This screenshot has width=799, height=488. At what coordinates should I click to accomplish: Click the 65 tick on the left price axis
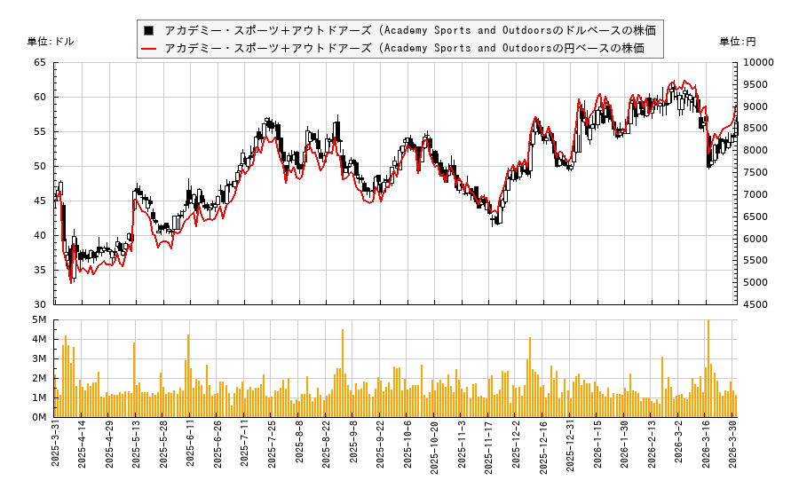click(x=40, y=63)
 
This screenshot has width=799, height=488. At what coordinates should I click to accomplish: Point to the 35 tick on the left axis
click(x=40, y=271)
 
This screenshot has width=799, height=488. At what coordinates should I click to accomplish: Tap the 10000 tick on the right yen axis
click(x=758, y=63)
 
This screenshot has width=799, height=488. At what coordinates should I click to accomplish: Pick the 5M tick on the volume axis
click(x=39, y=319)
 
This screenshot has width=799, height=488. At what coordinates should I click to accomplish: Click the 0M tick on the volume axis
click(x=39, y=417)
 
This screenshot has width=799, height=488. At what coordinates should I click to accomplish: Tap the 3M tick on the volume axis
click(x=39, y=358)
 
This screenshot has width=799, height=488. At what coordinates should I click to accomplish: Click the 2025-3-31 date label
click(x=56, y=449)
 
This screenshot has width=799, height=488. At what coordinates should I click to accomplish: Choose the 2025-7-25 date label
click(x=273, y=449)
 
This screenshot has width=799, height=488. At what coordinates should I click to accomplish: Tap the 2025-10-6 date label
click(x=409, y=449)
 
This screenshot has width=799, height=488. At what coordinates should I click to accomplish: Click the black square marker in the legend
click(x=148, y=31)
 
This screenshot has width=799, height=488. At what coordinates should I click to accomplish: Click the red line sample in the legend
click(x=148, y=48)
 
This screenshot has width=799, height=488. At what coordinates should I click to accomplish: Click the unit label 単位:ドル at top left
click(x=51, y=42)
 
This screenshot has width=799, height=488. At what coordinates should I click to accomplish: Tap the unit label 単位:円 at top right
click(x=738, y=42)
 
